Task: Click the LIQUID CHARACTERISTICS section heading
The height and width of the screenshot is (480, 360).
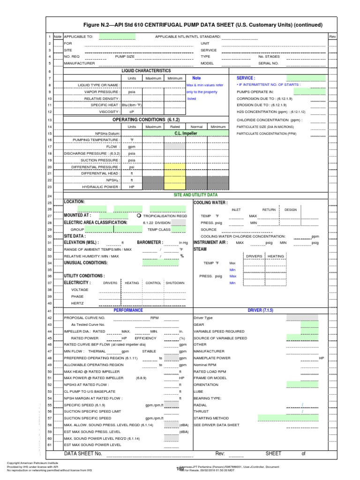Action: point(146,70)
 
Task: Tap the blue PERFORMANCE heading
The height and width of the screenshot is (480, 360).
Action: point(128,310)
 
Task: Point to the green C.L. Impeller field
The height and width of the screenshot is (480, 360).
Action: point(186,133)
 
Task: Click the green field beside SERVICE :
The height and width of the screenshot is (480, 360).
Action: point(306,78)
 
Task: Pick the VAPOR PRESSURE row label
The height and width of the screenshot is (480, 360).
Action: point(106,92)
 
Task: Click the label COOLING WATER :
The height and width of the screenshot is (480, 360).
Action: point(210,202)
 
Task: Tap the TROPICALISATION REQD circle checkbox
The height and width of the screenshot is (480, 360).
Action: point(138,216)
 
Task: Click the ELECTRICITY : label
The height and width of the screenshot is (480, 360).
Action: point(77,283)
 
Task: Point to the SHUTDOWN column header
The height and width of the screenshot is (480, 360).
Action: point(175,283)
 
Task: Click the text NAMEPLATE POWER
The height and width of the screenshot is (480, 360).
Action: point(212,358)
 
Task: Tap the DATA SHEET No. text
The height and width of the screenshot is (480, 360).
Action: point(83,453)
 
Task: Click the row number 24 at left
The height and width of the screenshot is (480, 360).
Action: point(49,195)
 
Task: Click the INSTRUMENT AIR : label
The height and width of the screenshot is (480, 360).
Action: point(211,243)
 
